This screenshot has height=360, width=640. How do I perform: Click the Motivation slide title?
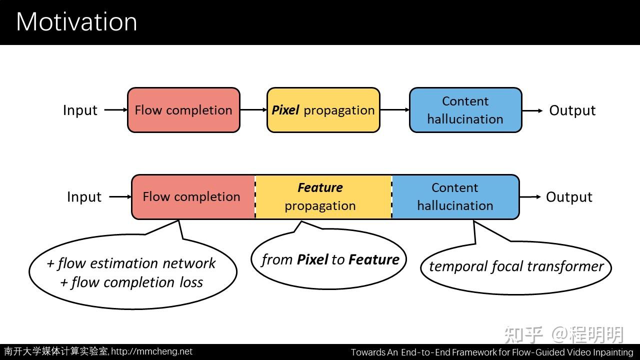click(76, 22)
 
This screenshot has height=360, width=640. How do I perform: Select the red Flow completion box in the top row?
click(183, 110)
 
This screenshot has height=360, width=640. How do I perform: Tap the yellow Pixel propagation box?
click(323, 110)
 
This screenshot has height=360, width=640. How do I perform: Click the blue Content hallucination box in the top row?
click(465, 110)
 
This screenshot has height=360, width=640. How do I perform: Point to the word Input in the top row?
click(80, 110)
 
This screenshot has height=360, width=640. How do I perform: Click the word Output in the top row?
click(572, 110)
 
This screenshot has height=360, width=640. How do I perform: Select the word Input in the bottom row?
click(84, 197)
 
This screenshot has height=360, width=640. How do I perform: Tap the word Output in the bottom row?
click(569, 197)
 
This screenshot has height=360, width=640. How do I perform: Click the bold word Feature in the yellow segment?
click(320, 188)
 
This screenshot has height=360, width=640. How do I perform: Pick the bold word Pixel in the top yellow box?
click(285, 110)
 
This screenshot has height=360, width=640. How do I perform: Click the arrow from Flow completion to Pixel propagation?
click(253, 110)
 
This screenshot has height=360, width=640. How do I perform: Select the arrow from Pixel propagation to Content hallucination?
click(394, 110)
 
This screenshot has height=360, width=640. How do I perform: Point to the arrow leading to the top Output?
click(532, 110)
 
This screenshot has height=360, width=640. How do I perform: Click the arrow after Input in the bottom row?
click(120, 197)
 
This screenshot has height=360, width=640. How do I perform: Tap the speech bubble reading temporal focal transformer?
click(516, 266)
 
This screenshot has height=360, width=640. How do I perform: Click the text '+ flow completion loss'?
click(131, 282)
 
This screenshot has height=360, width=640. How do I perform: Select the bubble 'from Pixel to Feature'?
click(329, 259)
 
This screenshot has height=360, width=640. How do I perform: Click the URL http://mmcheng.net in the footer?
click(151, 351)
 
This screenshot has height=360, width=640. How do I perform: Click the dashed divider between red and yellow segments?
click(255, 197)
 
